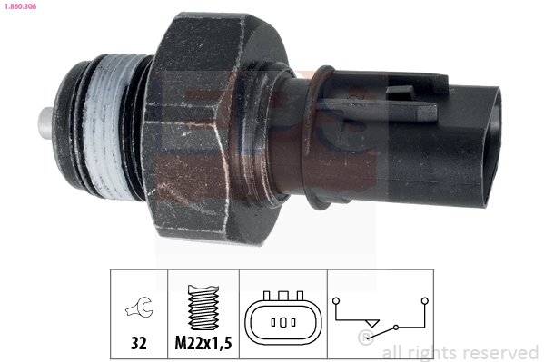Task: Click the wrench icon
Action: pos(140,309)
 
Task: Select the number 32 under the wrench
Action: pos(139,345)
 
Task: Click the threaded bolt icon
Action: pos(203,306)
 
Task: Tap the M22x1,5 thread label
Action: pos(203,345)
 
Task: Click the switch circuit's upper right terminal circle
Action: pos(423,297)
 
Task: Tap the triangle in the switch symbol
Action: pos(371,323)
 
